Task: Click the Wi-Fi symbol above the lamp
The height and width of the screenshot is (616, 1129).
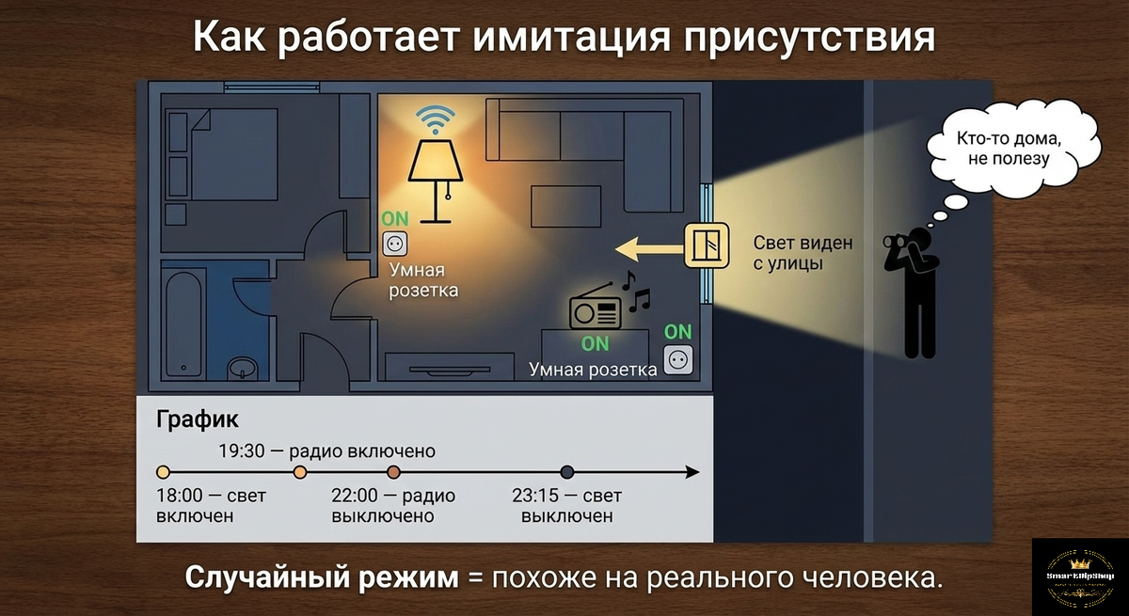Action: click(x=436, y=120)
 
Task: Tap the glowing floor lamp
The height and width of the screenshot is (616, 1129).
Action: click(x=434, y=179)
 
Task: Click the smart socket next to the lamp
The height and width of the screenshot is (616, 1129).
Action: click(x=394, y=245)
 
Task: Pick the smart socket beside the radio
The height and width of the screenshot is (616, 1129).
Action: click(x=677, y=359)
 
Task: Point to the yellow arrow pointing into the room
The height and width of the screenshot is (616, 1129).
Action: click(x=649, y=248)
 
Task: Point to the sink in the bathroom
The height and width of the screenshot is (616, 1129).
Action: click(x=246, y=369)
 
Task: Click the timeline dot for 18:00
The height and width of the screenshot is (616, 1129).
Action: click(x=163, y=472)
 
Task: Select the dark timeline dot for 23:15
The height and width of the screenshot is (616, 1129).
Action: click(x=567, y=472)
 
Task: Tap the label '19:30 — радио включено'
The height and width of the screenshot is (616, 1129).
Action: click(x=326, y=450)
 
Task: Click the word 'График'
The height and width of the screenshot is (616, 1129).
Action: click(x=198, y=419)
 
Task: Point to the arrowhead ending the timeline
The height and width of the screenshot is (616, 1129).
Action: click(x=692, y=472)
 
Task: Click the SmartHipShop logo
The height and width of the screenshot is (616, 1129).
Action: click(x=1079, y=576)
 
